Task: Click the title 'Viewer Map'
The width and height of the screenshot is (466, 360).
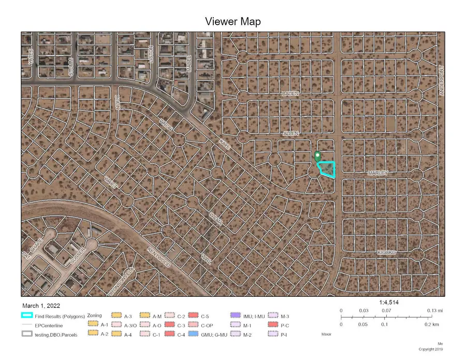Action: point(233,21)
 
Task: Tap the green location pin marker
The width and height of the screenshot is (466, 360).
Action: point(317,155)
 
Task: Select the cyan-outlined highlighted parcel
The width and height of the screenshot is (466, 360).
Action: point(327,169)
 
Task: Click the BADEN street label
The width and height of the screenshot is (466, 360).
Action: point(290,93)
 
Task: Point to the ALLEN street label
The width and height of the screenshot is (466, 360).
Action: point(291,134)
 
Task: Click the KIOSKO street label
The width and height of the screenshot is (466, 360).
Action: point(386,252)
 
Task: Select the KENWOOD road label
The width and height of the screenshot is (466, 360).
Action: point(158,257)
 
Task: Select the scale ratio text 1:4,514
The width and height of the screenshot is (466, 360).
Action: point(388,302)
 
